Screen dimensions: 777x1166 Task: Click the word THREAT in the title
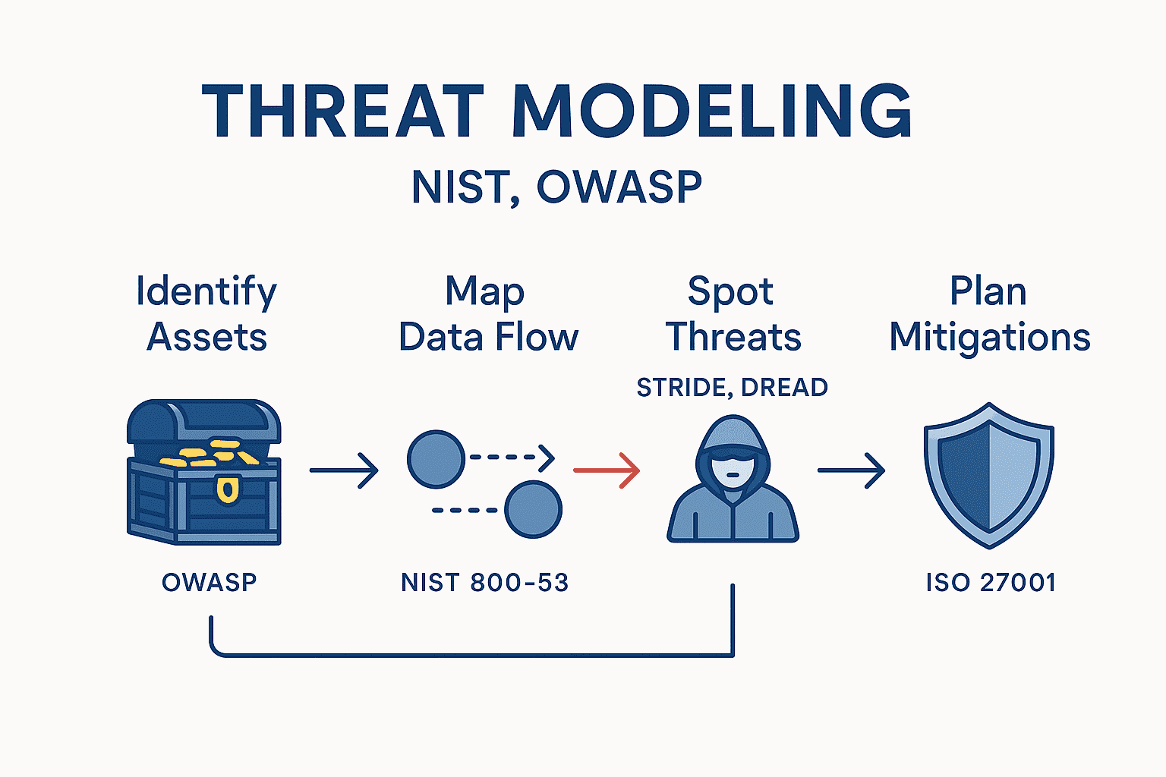pos(343,112)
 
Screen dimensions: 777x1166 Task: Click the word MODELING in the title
pos(711,112)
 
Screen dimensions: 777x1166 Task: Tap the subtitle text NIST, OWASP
pos(556,187)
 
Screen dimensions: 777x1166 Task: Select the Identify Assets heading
pos(206,314)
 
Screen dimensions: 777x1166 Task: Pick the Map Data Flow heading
pos(488,314)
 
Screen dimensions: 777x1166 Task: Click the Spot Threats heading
pos(733,314)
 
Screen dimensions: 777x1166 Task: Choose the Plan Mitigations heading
pos(989,314)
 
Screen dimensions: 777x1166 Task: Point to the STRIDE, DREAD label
pos(732,388)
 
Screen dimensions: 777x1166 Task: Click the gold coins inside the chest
pos(209,453)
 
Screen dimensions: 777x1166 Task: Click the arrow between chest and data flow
pos(344,470)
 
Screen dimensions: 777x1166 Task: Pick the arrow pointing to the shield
pos(851,470)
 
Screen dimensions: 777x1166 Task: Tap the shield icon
pos(988,474)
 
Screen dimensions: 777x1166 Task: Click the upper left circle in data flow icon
pos(436,459)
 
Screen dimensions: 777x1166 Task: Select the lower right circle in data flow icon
pos(533,509)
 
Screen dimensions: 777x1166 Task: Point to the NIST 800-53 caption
pos(484,583)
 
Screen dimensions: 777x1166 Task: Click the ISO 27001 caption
pos(991,583)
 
